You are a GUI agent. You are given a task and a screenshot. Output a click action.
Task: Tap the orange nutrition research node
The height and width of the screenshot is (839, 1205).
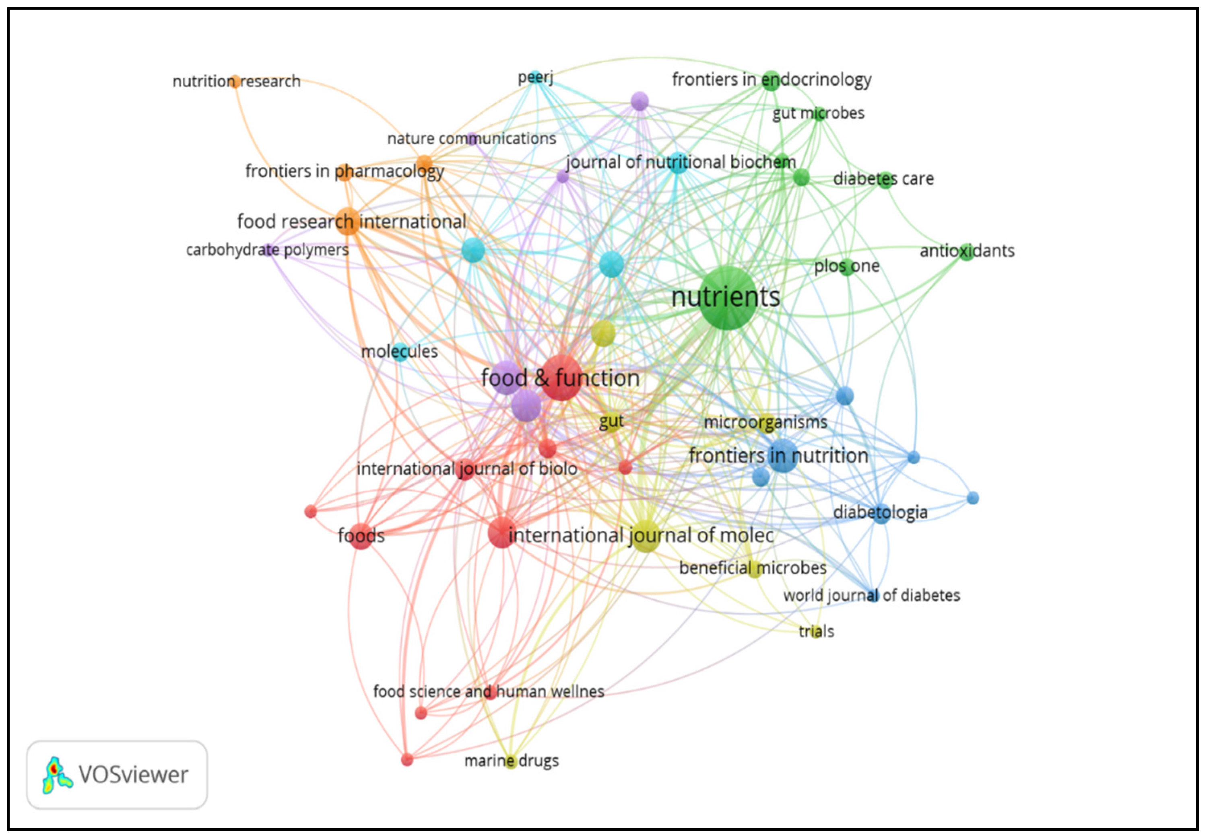click(x=235, y=81)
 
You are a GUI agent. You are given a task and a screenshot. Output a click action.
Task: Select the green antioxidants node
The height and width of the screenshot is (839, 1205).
click(x=966, y=252)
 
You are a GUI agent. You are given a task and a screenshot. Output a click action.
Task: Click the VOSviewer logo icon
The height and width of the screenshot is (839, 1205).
click(x=56, y=775)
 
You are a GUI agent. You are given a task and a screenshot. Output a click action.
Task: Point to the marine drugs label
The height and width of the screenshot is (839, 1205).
click(x=511, y=760)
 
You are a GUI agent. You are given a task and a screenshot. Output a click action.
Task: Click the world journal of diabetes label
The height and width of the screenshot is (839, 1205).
click(x=871, y=596)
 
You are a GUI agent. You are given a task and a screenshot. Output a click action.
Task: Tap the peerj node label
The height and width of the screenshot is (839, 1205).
click(x=535, y=78)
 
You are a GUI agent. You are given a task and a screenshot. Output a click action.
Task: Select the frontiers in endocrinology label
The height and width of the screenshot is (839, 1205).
click(x=772, y=80)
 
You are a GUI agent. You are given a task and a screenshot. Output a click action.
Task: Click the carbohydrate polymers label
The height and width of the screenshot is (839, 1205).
click(x=267, y=250)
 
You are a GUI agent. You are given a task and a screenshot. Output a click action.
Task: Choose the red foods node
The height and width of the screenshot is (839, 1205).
click(x=361, y=536)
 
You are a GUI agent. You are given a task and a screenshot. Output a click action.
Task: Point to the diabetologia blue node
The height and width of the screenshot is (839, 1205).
click(x=881, y=513)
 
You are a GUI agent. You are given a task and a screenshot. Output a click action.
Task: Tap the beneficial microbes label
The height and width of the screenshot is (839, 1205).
click(x=753, y=568)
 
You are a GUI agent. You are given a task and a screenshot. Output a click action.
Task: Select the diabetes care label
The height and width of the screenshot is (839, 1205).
click(x=883, y=179)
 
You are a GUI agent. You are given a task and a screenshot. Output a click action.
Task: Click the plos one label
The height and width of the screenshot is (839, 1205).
click(x=846, y=266)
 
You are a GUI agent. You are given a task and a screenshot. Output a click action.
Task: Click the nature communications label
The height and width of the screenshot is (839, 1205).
click(x=471, y=138)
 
